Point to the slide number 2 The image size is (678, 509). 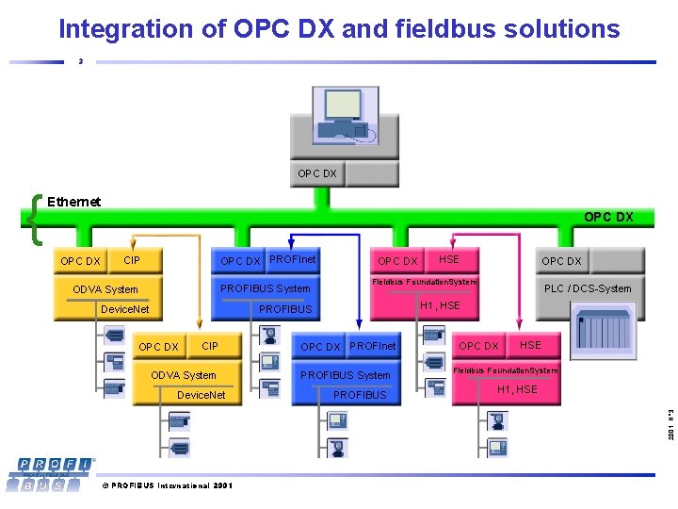tap(81, 62)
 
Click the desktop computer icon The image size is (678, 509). tap(345, 118)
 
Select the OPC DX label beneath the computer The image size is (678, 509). tap(317, 173)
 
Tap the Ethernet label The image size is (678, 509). tap(73, 202)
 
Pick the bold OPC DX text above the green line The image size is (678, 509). tap(608, 218)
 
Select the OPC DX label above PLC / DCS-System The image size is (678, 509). tap(561, 261)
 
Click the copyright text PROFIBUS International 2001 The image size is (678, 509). tap(167, 485)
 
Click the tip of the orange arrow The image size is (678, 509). tap(196, 329)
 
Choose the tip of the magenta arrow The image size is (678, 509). tap(516, 329)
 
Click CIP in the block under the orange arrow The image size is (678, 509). tap(210, 347)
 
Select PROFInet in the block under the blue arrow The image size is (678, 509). tap(373, 347)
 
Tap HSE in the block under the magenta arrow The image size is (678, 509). tap(531, 346)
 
